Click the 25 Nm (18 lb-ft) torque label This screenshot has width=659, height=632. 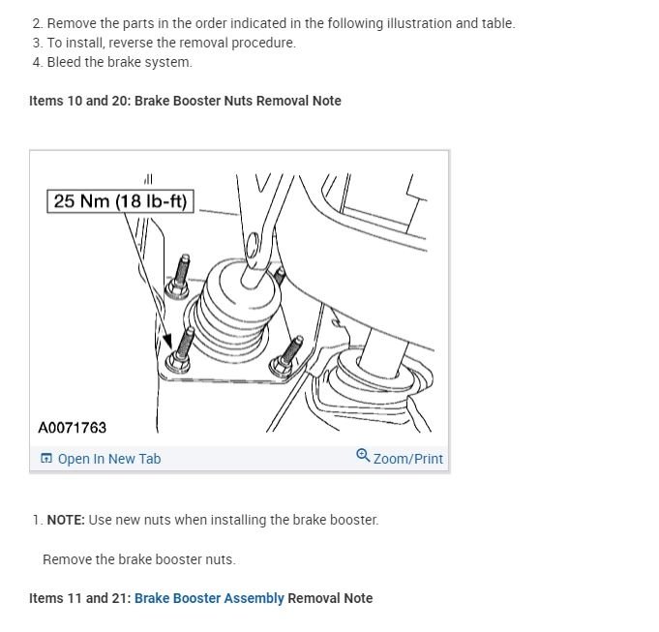121,201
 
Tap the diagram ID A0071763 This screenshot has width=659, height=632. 73,427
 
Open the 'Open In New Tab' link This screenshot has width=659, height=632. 108,459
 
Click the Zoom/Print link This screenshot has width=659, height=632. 407,459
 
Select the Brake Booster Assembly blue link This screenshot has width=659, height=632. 209,598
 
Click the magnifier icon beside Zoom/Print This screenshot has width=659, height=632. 363,456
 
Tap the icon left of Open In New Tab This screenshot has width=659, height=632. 46,459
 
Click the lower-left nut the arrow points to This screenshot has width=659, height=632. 177,362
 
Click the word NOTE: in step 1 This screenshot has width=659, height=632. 66,520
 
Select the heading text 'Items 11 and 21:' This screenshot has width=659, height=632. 79,598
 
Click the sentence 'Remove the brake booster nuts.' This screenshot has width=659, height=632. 139,559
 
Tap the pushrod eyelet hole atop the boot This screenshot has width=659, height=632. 253,241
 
